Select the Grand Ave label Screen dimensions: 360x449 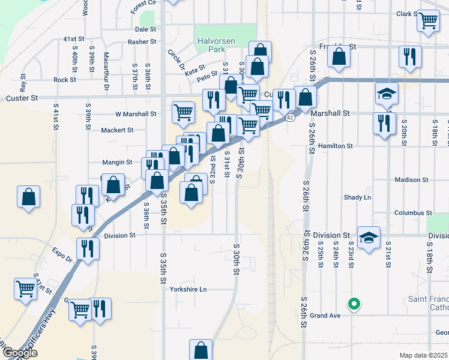click(x=325, y=316)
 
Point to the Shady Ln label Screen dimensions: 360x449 click(x=357, y=197)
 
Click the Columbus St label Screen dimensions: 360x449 click(x=413, y=213)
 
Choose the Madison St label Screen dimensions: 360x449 click(x=412, y=179)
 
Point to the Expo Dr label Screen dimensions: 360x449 click(x=61, y=255)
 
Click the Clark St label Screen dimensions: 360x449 click(x=406, y=14)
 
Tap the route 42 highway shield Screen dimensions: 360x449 click(x=290, y=118)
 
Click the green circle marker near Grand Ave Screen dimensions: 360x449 click(x=354, y=304)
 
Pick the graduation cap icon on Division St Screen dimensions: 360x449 click(x=369, y=237)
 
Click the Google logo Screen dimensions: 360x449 click(x=19, y=353)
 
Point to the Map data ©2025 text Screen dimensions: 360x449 click(x=423, y=355)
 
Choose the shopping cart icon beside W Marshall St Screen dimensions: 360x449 click(x=183, y=112)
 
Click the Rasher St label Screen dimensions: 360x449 click(x=142, y=42)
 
